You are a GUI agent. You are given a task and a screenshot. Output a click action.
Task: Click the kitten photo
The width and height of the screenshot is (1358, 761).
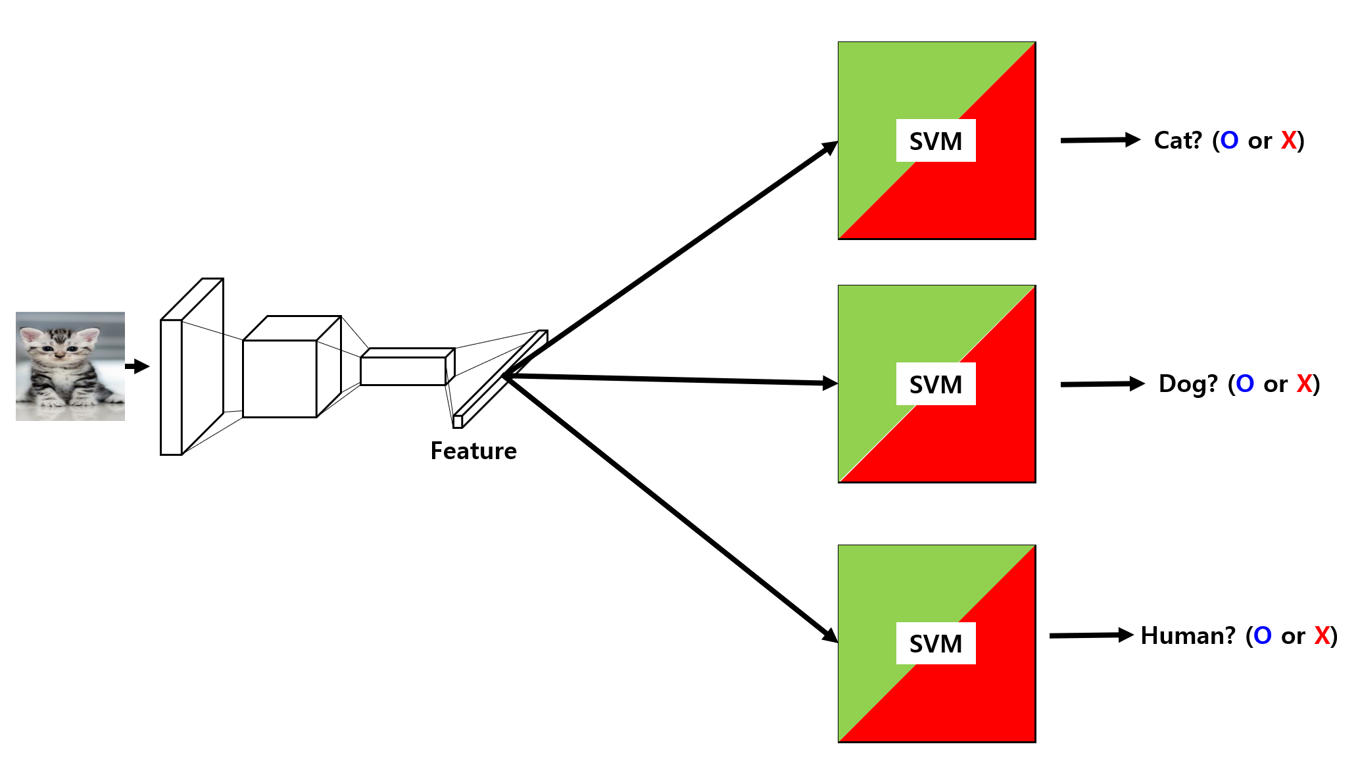click(x=70, y=366)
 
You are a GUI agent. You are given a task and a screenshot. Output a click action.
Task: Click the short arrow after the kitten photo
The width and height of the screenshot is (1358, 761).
click(x=137, y=366)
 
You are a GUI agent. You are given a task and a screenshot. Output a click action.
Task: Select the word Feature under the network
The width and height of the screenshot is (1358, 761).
click(x=473, y=451)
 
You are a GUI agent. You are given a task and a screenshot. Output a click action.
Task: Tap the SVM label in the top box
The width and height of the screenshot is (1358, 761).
click(x=935, y=141)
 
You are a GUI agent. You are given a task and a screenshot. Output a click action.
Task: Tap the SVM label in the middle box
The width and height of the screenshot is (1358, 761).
click(x=935, y=384)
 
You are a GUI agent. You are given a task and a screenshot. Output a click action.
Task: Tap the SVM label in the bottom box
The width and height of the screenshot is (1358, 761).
click(x=935, y=643)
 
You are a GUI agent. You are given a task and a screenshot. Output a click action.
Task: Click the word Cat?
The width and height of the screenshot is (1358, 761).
click(x=1178, y=141)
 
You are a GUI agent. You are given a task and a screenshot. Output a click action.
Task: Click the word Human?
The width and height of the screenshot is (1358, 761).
click(x=1188, y=636)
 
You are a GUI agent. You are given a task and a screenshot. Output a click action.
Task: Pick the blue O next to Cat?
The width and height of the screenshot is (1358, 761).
click(x=1229, y=141)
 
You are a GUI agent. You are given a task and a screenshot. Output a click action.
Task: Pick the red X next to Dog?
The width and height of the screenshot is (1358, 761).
click(x=1304, y=383)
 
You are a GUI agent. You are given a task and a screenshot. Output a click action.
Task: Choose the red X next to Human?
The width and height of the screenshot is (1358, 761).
click(x=1322, y=636)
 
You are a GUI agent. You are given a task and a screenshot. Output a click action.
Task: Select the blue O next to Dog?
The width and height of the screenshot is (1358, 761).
click(x=1245, y=383)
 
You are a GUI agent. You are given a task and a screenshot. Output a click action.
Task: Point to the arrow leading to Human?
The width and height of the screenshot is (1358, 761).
click(x=1091, y=635)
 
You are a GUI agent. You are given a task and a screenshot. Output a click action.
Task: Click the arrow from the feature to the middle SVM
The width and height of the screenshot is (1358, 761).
click(x=671, y=380)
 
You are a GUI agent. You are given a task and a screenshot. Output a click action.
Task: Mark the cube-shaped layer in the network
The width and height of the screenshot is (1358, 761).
click(x=280, y=378)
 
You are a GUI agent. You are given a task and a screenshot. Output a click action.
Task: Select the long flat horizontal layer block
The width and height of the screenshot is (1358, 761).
click(x=403, y=371)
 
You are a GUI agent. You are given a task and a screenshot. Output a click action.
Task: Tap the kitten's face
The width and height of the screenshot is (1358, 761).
click(x=59, y=345)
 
